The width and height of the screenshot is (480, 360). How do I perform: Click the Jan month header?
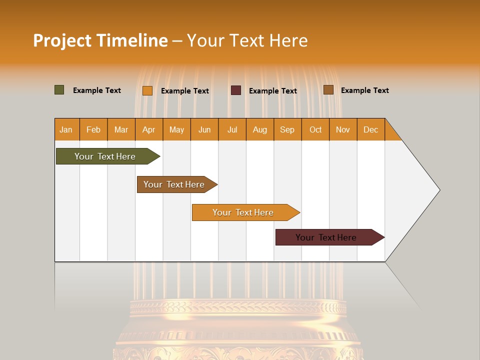point(66,129)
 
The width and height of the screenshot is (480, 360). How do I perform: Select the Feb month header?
point(93,129)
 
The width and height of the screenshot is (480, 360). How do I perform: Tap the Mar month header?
point(121,129)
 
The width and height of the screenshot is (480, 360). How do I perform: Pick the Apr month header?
point(149,129)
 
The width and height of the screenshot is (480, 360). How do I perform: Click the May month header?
point(176,129)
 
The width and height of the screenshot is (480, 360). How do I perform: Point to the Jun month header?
point(204,129)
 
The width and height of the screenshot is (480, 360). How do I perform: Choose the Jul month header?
point(232,129)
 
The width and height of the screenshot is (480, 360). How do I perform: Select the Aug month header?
point(260,129)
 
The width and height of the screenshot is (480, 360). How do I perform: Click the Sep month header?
point(287,129)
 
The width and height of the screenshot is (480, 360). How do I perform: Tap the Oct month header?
point(315,129)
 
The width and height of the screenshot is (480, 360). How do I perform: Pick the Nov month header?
point(343,129)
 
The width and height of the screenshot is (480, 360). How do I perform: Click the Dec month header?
point(371,129)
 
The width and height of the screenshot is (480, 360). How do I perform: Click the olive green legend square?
point(59,90)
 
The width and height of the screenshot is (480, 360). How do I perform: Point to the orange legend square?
point(147,90)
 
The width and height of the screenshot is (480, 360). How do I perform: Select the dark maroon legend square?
point(236,90)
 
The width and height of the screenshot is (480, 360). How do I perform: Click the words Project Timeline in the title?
point(100,40)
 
